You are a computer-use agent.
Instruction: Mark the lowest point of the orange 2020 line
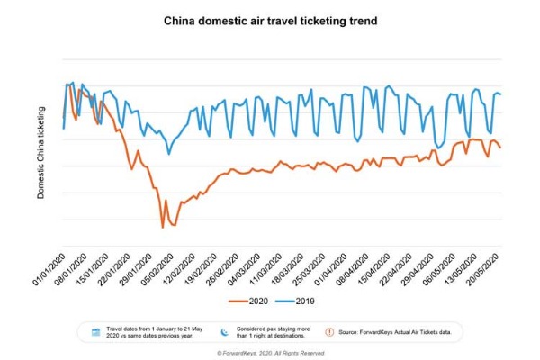(x=163, y=227)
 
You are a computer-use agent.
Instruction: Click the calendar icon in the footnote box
(x=94, y=332)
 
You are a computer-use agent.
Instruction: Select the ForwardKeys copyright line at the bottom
(x=270, y=353)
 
